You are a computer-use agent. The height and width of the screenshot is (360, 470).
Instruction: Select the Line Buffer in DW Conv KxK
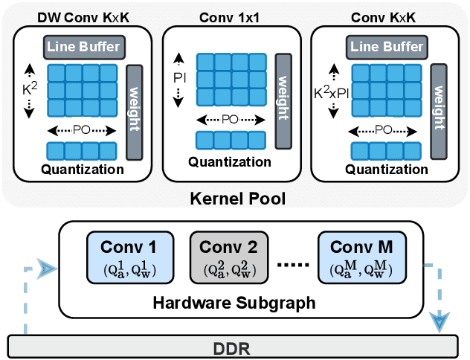[x=84, y=48]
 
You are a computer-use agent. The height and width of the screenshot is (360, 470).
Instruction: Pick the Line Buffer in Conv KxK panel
[x=384, y=48]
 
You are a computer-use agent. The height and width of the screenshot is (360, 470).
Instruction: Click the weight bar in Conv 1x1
[x=282, y=89]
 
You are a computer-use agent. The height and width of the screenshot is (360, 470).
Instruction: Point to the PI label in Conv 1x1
[x=178, y=77]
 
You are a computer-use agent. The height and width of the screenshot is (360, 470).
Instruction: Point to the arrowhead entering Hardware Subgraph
[x=48, y=267]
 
